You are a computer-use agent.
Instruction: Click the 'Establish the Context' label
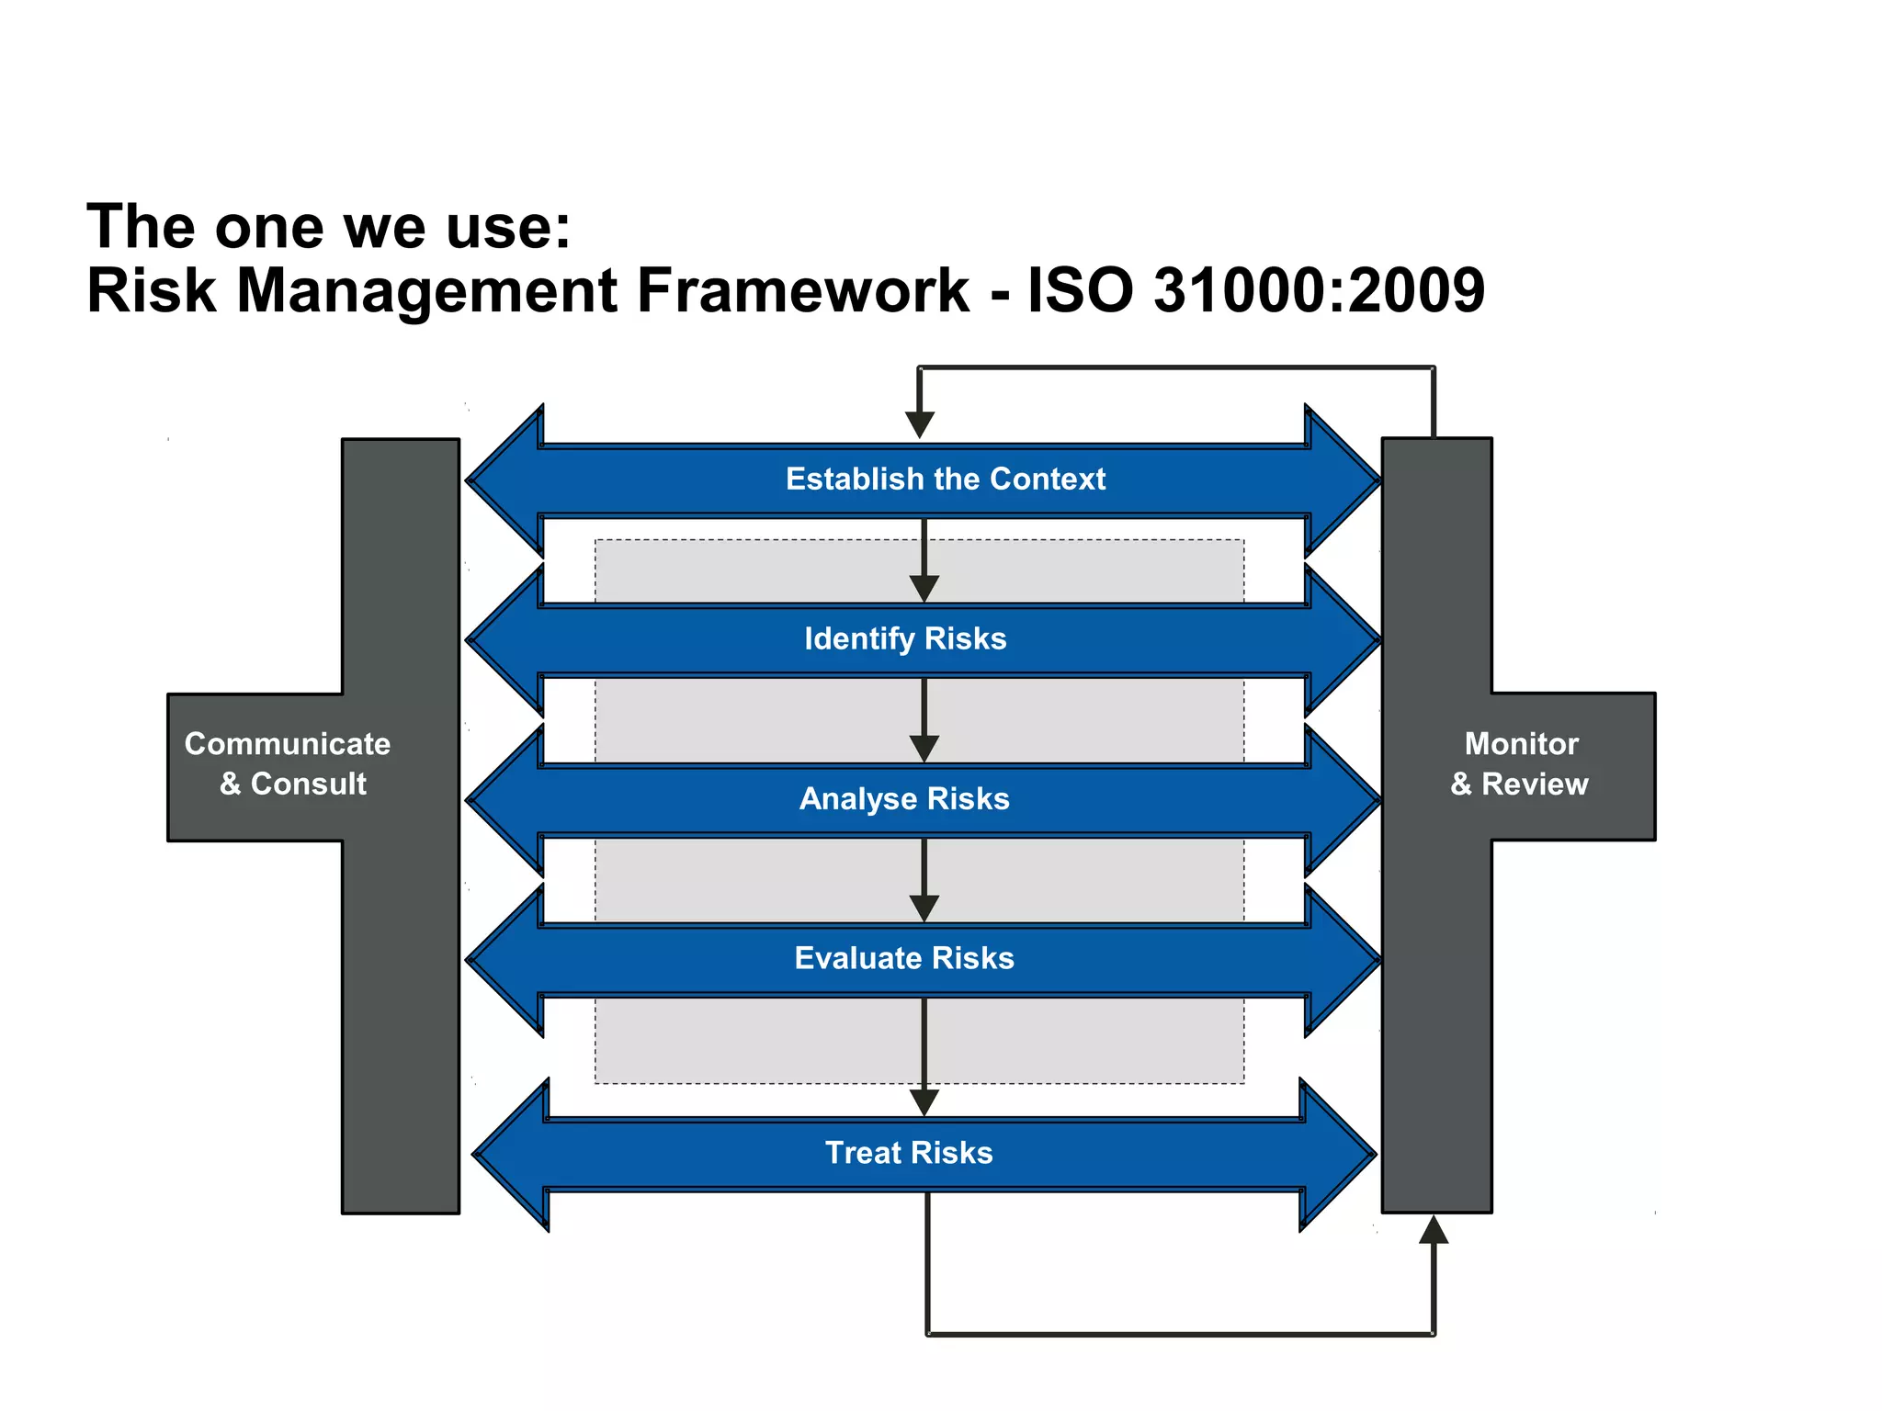[945, 479]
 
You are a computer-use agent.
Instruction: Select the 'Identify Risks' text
[905, 638]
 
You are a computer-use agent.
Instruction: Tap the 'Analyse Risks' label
[904, 798]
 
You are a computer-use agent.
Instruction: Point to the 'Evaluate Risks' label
[904, 958]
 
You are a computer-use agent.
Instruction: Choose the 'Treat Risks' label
[909, 1153]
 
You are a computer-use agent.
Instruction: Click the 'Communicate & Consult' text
[289, 763]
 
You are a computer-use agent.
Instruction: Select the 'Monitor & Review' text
[1521, 763]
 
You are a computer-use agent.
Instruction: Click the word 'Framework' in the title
[802, 291]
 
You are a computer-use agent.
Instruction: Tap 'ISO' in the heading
[1080, 291]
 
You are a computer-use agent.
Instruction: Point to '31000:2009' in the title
[1319, 291]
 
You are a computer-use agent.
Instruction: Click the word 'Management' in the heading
[428, 291]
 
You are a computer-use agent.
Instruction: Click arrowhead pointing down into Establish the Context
[920, 424]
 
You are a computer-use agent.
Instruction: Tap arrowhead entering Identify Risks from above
[924, 588]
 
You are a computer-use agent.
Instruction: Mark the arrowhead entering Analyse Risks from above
[924, 748]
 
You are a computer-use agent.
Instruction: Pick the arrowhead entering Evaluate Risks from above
[924, 908]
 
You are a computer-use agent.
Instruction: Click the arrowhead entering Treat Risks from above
[924, 1101]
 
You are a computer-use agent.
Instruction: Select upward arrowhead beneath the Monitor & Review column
[1434, 1230]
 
